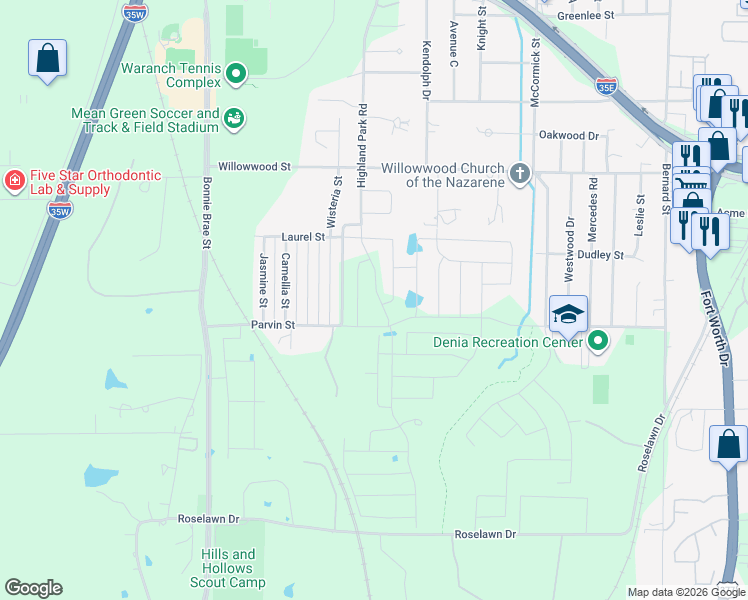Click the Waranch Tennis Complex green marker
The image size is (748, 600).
point(236,73)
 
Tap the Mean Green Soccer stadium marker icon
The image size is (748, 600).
point(234,119)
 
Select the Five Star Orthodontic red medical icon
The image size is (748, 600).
point(14,182)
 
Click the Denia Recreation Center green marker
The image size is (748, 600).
point(597,342)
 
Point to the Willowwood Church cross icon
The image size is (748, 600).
point(519,174)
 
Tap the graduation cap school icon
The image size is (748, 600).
point(567,314)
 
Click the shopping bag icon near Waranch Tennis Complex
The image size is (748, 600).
point(48,59)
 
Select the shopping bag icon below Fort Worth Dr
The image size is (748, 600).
point(728,443)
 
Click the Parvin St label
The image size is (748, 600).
point(272,325)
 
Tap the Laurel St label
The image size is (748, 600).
point(303,237)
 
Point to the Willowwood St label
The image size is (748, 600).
point(255,167)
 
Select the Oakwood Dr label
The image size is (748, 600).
point(568,135)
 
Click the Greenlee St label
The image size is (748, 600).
point(585,16)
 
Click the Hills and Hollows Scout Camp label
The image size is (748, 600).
point(228,568)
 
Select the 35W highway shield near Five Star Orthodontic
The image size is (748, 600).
point(60,211)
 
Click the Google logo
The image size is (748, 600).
point(33,588)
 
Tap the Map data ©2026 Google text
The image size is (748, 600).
point(675,592)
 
